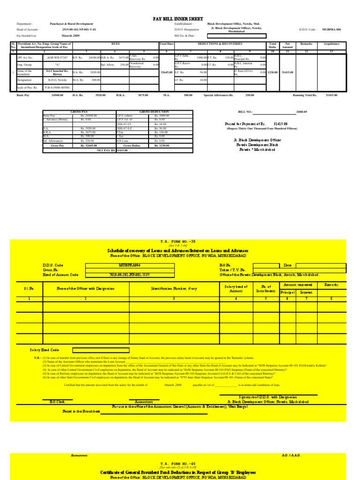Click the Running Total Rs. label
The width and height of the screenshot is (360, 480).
[x=305, y=95]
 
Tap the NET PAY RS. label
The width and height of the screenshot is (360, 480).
[x=106, y=150]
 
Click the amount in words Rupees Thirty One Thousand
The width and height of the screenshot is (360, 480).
[x=262, y=127]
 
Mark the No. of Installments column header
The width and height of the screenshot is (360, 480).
[x=266, y=288]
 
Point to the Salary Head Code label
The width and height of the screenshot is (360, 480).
[x=45, y=350]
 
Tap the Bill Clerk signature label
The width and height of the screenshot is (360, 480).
[x=57, y=402]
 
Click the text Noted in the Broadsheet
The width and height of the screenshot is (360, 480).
[x=82, y=411]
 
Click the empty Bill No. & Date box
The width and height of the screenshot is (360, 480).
[x=240, y=35]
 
